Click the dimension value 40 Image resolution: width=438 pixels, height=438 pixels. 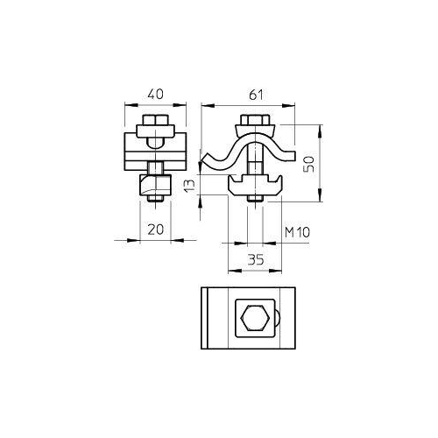tap(155, 95)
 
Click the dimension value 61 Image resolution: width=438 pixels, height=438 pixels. tap(256, 95)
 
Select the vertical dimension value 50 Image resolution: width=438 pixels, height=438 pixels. tap(308, 165)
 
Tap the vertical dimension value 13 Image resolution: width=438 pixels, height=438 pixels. tap(189, 185)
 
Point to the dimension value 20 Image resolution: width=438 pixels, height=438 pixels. tap(156, 230)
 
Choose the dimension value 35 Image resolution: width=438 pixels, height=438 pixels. tap(256, 259)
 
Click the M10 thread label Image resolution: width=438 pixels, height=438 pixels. tap(297, 232)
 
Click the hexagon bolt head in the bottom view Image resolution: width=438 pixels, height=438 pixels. tap(254, 318)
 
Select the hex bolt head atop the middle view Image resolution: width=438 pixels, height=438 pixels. tap(255, 120)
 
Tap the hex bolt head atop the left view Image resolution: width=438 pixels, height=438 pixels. tap(155, 120)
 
